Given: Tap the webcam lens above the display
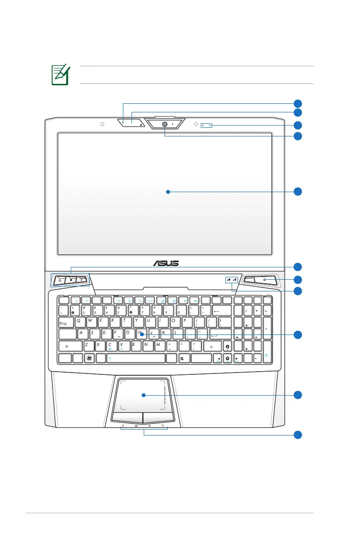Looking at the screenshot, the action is click(x=165, y=124).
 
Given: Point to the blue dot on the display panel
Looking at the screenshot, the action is click(x=168, y=192).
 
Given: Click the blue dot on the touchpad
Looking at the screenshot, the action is click(x=143, y=395).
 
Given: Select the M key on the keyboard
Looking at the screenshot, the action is click(x=158, y=346).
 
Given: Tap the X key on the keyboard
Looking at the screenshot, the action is click(x=99, y=346).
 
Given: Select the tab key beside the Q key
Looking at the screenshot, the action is click(x=65, y=321).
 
